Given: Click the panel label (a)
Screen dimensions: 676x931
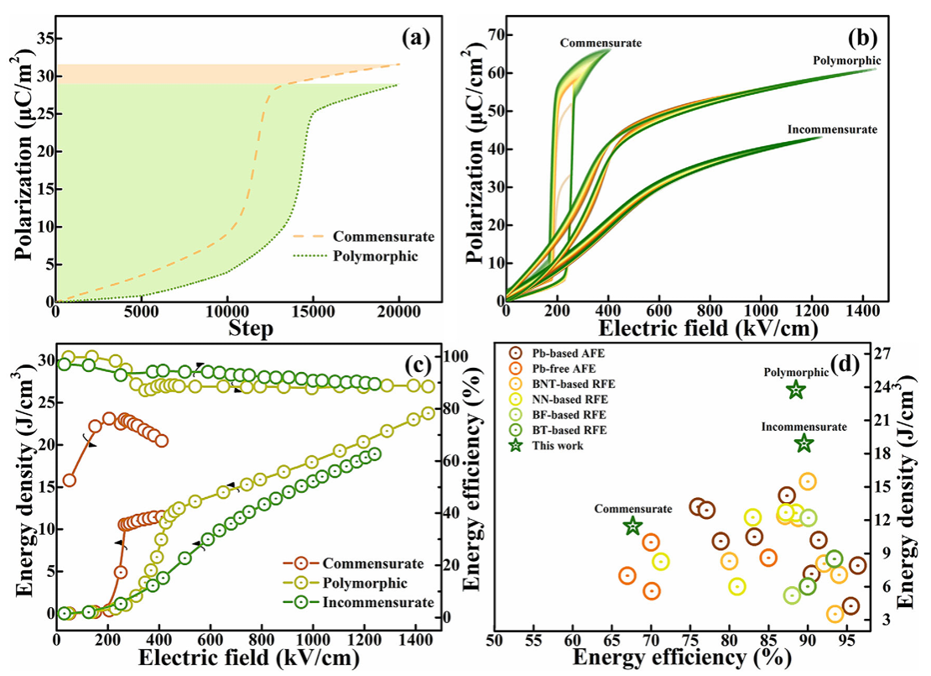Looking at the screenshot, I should [416, 37].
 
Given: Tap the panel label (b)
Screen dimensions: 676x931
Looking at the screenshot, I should [859, 37].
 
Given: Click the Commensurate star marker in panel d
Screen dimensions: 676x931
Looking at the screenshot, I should [633, 526].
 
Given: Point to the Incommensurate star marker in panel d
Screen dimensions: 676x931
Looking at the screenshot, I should [804, 443].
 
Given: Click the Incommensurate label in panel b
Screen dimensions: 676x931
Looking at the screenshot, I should [832, 129].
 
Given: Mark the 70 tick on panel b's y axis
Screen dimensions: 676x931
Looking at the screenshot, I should [486, 34].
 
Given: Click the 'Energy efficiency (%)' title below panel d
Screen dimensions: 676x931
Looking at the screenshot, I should [681, 659].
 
